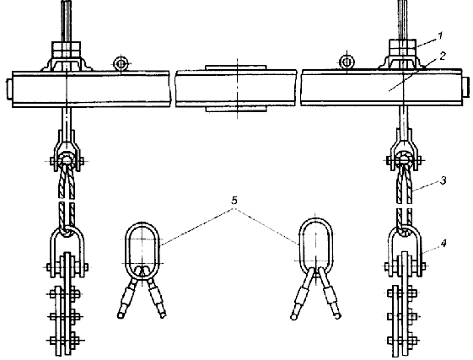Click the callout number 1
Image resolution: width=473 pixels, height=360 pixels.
pyautogui.click(x=440, y=36)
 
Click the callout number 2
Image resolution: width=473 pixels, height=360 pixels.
pyautogui.click(x=443, y=56)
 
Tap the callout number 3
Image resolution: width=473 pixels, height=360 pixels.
pyautogui.click(x=443, y=180)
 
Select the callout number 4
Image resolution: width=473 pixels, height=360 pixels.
pyautogui.click(x=443, y=243)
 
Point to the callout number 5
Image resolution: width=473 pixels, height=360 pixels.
pyautogui.click(x=234, y=201)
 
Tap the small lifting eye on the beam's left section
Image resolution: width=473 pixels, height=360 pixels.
pyautogui.click(x=121, y=64)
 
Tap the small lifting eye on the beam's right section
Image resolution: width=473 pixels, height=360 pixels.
pyautogui.click(x=347, y=62)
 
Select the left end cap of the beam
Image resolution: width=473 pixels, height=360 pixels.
pyautogui.click(x=9, y=89)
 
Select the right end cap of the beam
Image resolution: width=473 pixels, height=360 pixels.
pyautogui.click(x=466, y=87)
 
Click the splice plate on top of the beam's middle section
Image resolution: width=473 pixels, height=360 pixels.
pyautogui.click(x=236, y=67)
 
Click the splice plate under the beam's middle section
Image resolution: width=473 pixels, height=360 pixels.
pyautogui.click(x=236, y=109)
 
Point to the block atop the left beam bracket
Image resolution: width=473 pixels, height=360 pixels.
pyautogui.click(x=67, y=51)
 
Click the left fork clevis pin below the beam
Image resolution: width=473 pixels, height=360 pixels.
pyautogui.click(x=67, y=161)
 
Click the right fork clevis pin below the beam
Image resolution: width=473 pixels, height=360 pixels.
pyautogui.click(x=404, y=160)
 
